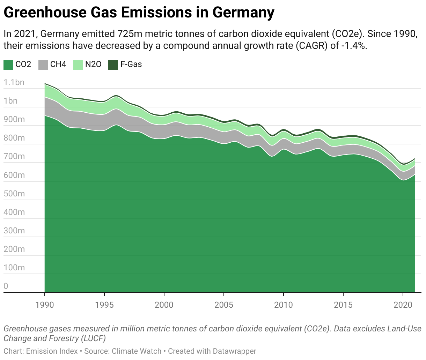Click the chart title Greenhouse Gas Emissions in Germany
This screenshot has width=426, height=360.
point(139,13)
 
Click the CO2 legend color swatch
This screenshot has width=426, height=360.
point(8,65)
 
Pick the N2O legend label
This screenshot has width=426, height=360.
point(93,65)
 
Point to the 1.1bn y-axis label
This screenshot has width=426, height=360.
point(14,83)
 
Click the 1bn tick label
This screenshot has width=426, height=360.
point(10,101)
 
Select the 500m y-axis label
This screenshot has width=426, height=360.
point(14,194)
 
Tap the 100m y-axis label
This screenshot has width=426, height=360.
point(14,268)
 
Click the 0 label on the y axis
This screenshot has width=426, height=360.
point(6,286)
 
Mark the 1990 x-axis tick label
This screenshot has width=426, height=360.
point(45,305)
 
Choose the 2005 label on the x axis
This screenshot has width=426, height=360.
point(223,305)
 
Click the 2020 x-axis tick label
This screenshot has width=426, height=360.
point(403,305)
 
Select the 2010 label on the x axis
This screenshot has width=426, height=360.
point(283,305)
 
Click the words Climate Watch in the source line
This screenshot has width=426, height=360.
point(137,351)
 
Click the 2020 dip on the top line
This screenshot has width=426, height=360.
point(403,164)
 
